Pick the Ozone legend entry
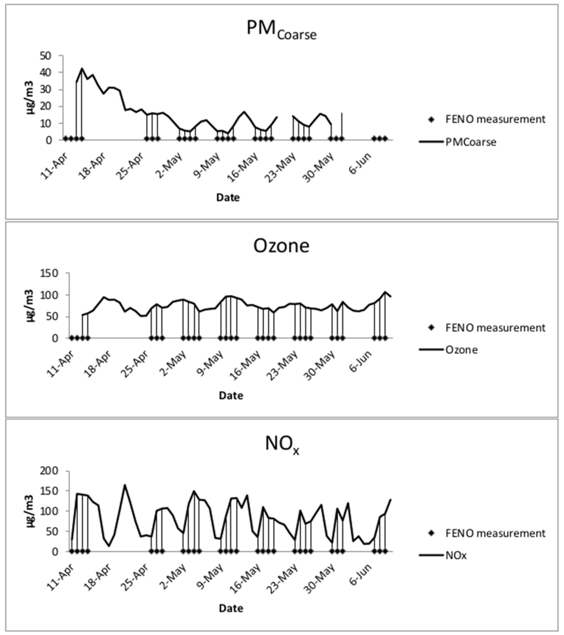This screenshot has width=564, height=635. pos(461,349)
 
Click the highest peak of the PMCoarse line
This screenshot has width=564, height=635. pos(82,69)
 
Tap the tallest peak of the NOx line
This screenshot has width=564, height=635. pos(125,485)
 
